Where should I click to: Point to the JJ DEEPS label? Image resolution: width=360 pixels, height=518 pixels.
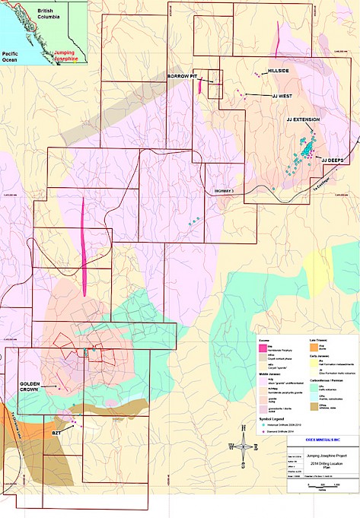[x=333, y=160]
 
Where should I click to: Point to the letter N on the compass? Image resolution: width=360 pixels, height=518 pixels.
[x=243, y=427]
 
